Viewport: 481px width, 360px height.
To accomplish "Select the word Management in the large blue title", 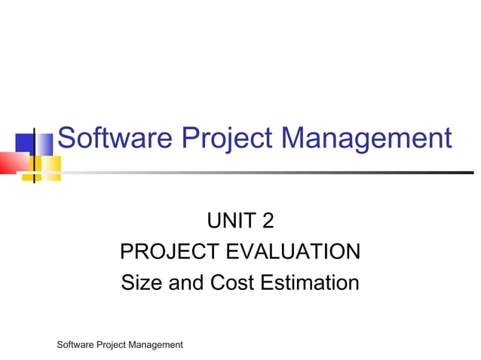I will [x=366, y=139].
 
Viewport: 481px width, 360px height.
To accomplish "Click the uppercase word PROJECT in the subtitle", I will [x=173, y=252].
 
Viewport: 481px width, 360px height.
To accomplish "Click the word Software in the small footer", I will [x=77, y=345].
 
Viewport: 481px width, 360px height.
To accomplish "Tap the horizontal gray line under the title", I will [x=264, y=172].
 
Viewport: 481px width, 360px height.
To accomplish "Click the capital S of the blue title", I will [x=66, y=139].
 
